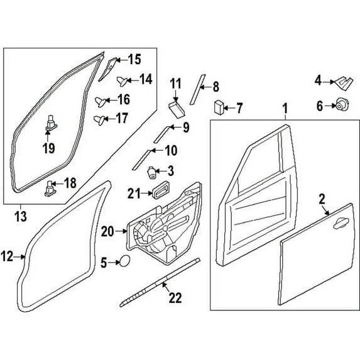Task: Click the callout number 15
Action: pos(134,60)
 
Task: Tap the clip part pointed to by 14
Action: pos(122,81)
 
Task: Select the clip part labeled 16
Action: pos(101,102)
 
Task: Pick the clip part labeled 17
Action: pos(99,120)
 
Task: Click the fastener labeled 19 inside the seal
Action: pos(51,123)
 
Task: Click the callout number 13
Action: pos(21,217)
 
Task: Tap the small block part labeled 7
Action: pos(219,107)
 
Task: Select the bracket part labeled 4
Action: pos(344,82)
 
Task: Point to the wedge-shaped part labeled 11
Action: pos(176,109)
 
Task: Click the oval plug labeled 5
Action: pos(125,261)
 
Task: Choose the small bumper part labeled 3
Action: pos(151,173)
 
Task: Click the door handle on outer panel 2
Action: pos(341,223)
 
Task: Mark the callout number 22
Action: pos(175,298)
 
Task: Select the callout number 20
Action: pos(107,231)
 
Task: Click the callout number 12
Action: pos(7,256)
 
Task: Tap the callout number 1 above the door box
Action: pos(285,109)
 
